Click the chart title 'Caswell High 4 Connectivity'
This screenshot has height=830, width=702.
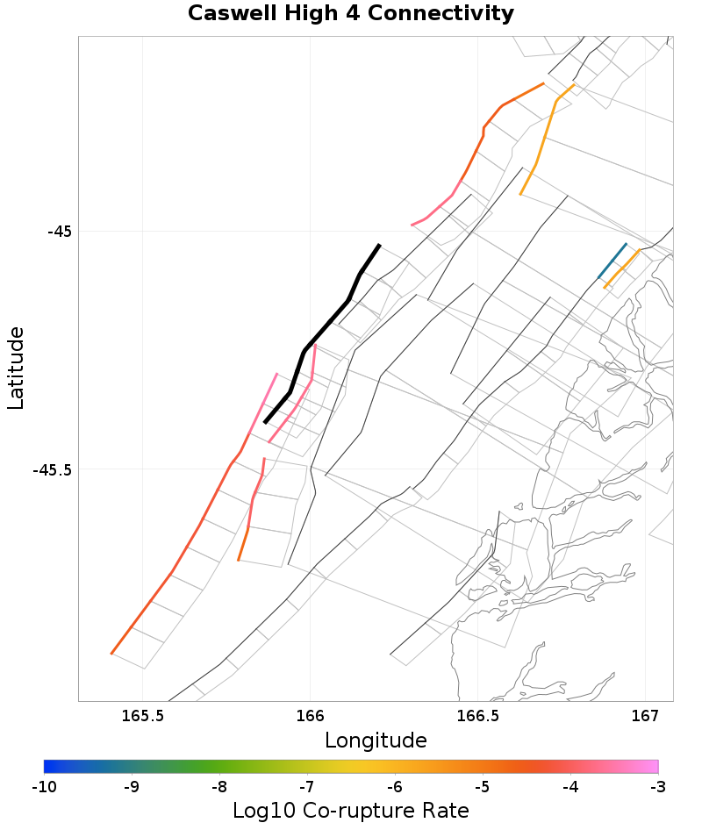coord(350,14)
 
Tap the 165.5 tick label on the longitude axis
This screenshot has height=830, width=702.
coord(143,716)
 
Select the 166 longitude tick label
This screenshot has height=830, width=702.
coord(311,716)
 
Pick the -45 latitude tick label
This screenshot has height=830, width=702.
coord(59,232)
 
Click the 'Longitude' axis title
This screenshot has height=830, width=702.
coord(376,741)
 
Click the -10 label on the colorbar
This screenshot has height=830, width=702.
coord(44,786)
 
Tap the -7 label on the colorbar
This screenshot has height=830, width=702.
coord(307,786)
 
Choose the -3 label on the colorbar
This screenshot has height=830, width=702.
coord(658,786)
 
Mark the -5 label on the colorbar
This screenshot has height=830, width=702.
coord(483,786)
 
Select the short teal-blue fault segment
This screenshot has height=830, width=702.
coord(612,261)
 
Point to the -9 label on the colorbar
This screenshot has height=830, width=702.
coord(132,786)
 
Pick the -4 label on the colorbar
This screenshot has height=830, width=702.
coord(570,786)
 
